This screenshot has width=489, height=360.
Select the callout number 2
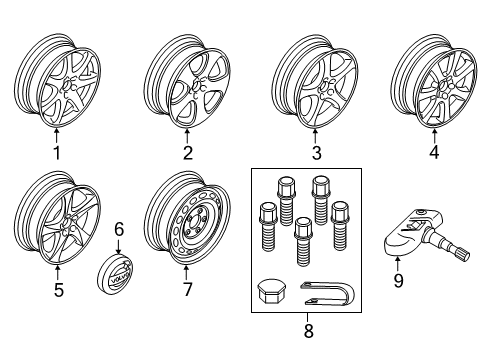click(186, 153)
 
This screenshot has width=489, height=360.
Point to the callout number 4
click(433, 153)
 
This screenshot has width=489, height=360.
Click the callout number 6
click(119, 229)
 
